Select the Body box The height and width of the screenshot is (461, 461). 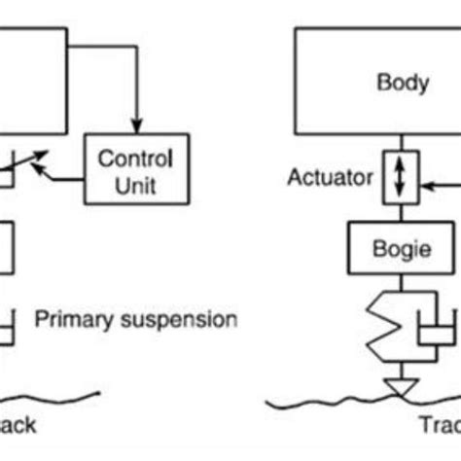(x=376, y=83)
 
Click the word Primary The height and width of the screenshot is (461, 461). (x=71, y=318)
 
